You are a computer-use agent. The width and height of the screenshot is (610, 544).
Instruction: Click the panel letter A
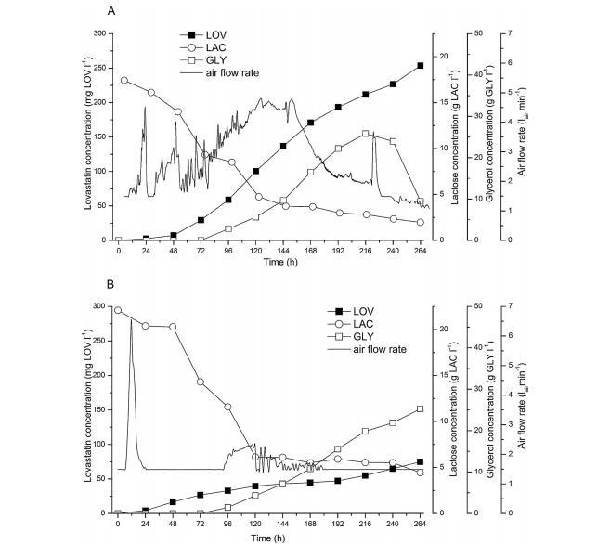click(111, 11)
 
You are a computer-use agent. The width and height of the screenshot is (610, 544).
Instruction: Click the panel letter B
click(111, 286)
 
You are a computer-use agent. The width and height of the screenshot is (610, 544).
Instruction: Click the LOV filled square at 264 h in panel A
click(421, 66)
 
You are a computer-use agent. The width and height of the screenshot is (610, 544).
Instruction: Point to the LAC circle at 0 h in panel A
click(124, 81)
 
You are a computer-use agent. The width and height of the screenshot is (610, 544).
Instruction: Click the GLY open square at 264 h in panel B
click(421, 408)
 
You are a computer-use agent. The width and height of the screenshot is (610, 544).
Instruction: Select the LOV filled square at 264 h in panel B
click(421, 461)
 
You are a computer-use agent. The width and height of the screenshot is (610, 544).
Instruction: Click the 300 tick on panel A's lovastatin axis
click(102, 33)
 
